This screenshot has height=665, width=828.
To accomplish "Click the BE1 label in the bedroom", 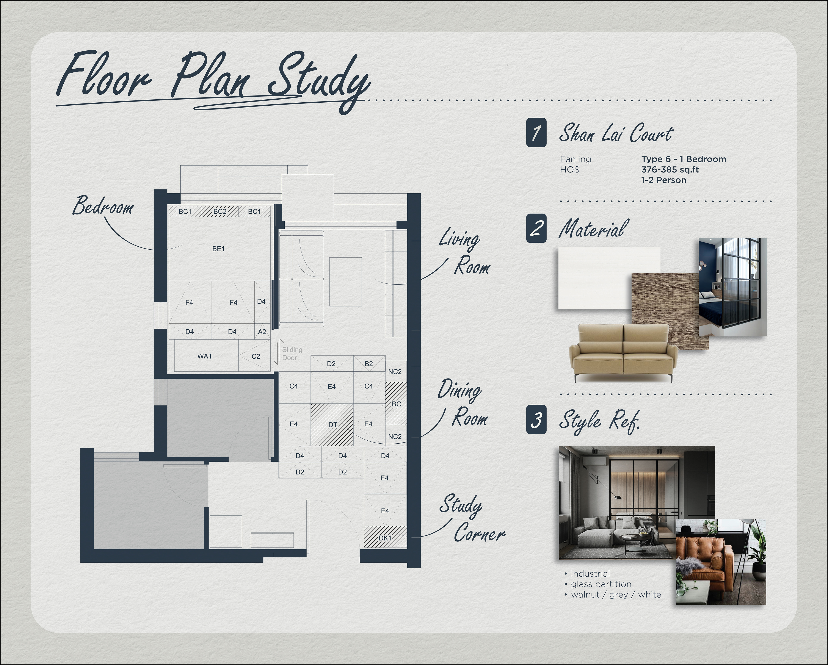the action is pos(218,249).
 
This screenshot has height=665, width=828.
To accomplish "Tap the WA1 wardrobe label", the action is pos(204,356).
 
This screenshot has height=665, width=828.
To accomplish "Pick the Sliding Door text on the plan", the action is pos(292,354).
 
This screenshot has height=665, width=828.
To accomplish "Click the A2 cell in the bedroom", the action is pos(262,332).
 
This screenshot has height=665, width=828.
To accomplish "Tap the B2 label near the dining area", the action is pos(369,364).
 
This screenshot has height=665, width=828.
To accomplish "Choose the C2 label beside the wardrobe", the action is pos(256,356).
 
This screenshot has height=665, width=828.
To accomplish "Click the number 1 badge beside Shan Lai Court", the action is pos(536,133).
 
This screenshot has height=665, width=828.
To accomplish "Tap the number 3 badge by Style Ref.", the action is pos(536,420).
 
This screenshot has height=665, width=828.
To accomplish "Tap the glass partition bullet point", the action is pos(598,584).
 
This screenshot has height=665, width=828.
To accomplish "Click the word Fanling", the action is pos(575,159).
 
